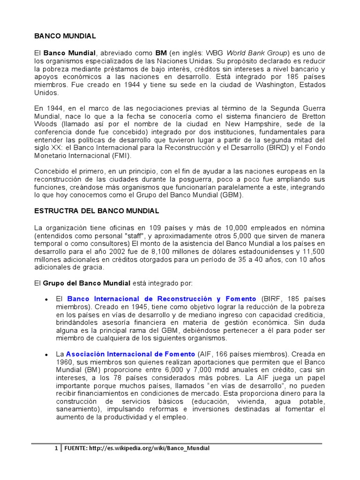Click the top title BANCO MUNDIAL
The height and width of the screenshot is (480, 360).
[x=65, y=36]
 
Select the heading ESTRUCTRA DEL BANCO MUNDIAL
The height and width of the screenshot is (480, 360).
[x=97, y=211]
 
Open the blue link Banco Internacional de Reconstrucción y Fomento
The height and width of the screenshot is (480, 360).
[x=162, y=299]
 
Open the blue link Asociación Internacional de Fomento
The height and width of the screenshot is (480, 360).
[x=130, y=354]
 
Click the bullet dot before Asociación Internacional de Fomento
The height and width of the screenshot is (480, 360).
[x=46, y=354]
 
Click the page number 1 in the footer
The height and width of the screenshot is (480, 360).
[x=56, y=448]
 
